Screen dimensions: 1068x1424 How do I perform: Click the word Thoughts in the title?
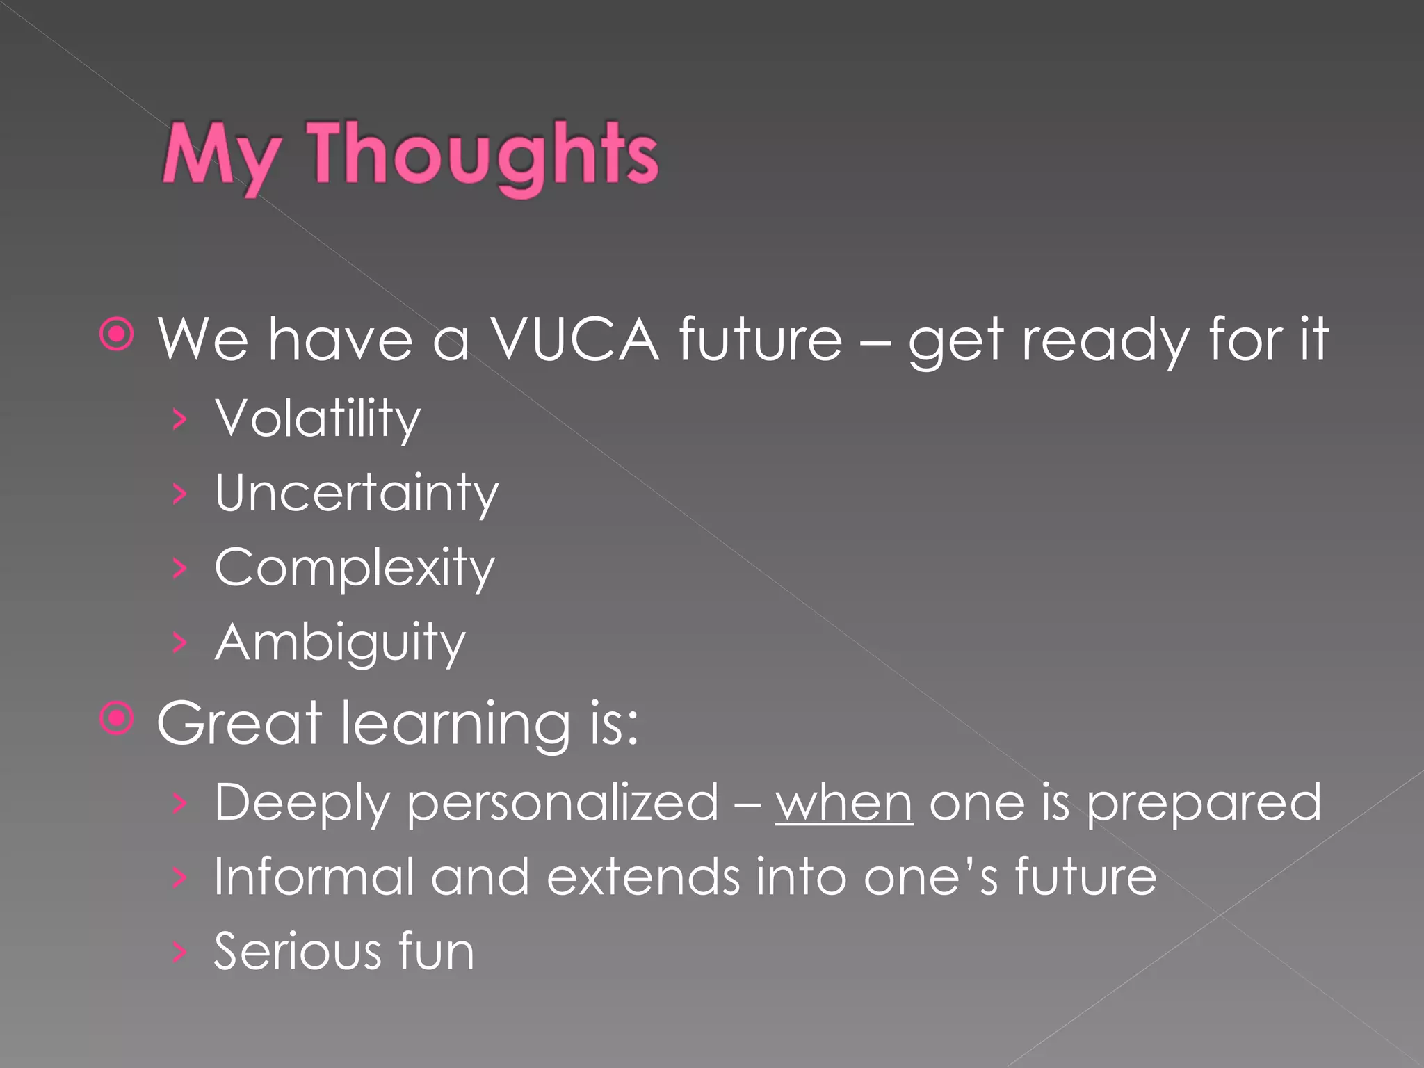[x=483, y=154]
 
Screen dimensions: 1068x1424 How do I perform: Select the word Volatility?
[x=318, y=419]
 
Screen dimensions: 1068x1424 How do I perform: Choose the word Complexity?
[x=355, y=568]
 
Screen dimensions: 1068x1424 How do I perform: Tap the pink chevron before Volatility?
[x=180, y=420]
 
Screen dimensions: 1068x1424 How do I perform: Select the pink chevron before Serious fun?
[x=180, y=952]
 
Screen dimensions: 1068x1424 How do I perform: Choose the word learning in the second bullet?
[x=455, y=725]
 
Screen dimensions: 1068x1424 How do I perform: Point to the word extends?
[x=643, y=877]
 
